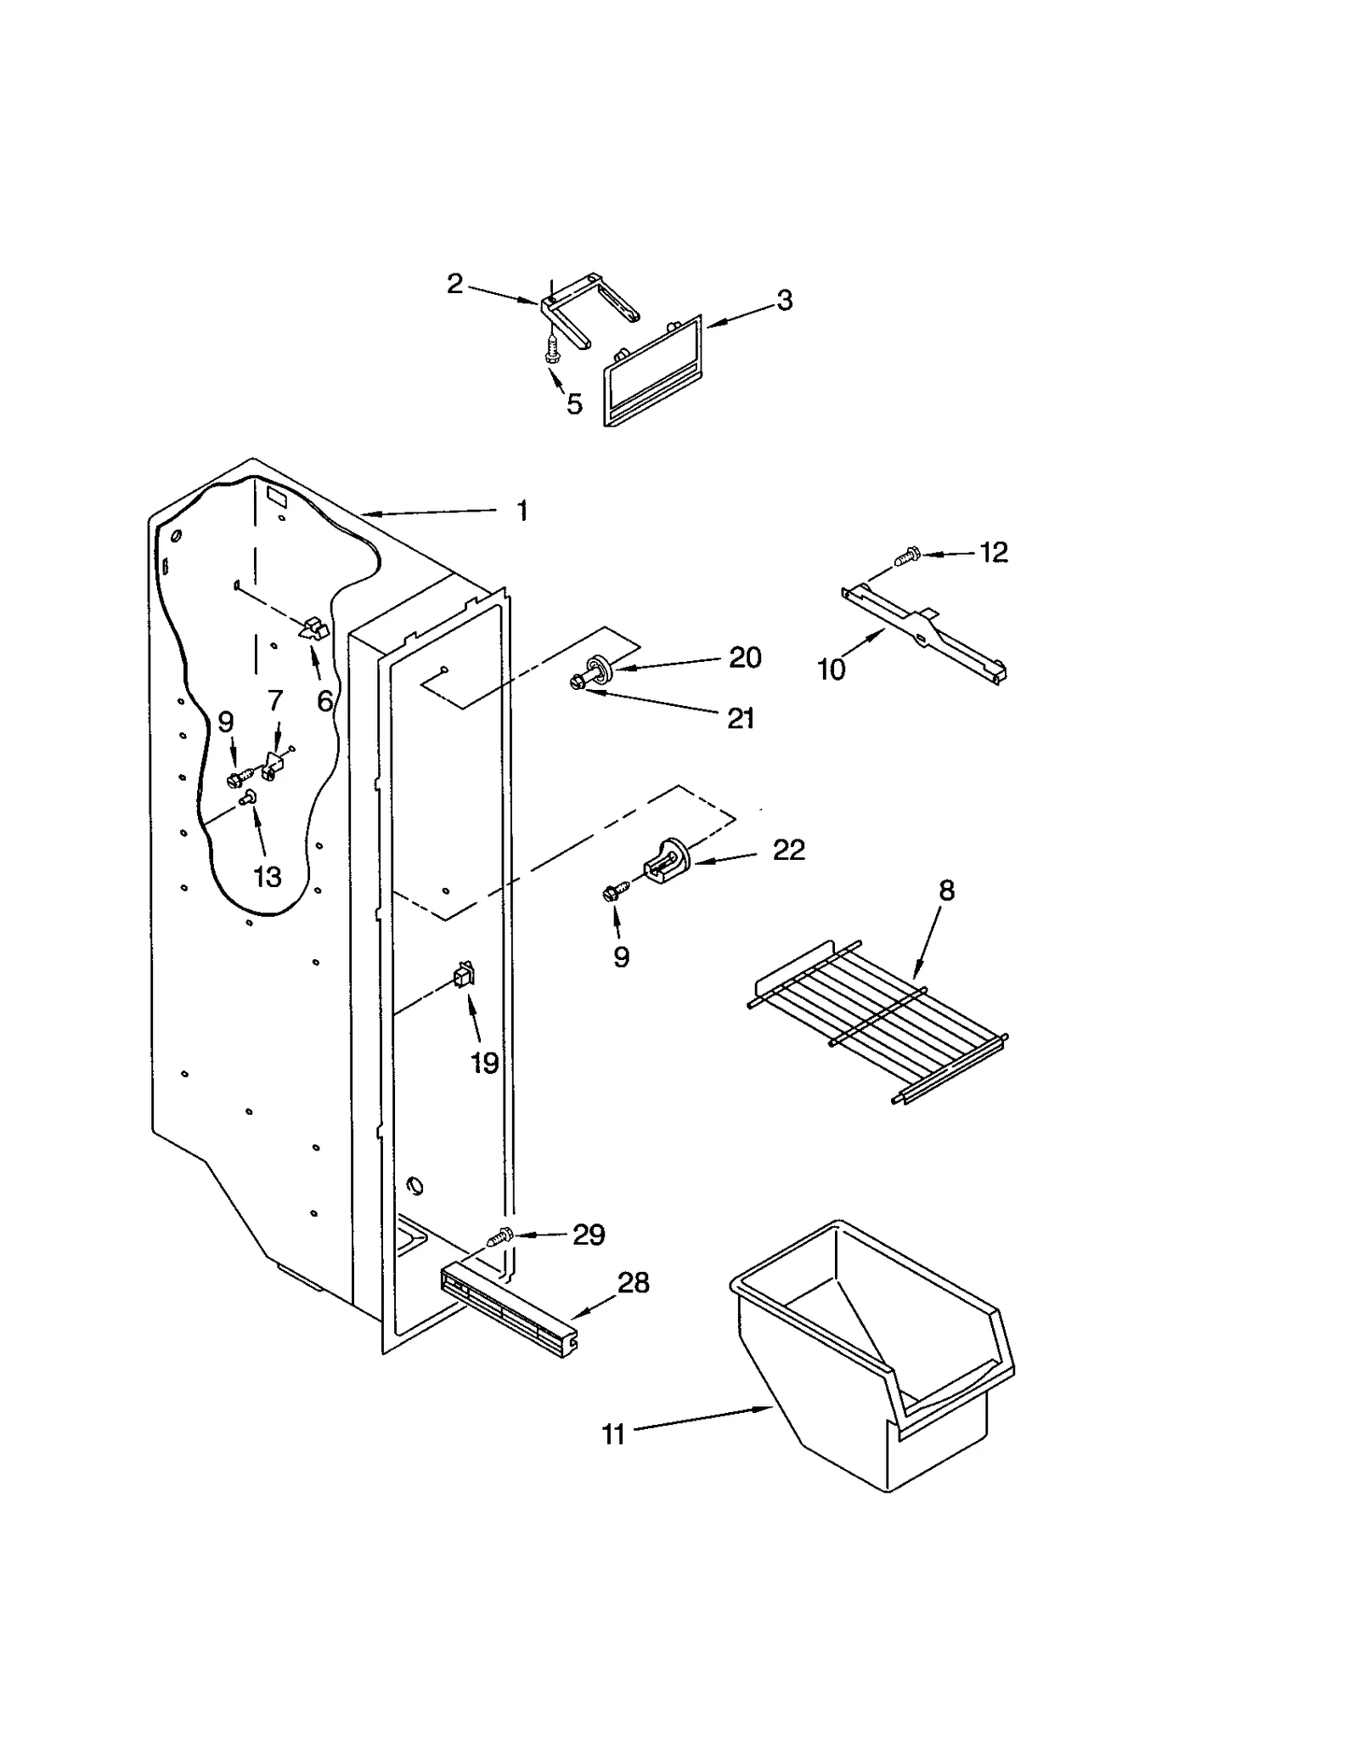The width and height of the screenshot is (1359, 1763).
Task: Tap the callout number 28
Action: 633,1282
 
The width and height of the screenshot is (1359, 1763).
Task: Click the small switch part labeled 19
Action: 464,975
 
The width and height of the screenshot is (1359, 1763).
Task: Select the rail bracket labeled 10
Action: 926,633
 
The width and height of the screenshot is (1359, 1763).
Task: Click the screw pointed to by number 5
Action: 553,349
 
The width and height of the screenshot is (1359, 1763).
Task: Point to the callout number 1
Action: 522,511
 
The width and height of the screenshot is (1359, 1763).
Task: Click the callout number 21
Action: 741,719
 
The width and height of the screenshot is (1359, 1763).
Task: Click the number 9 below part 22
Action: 621,957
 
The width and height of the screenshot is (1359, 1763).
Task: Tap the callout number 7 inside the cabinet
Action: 274,700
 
